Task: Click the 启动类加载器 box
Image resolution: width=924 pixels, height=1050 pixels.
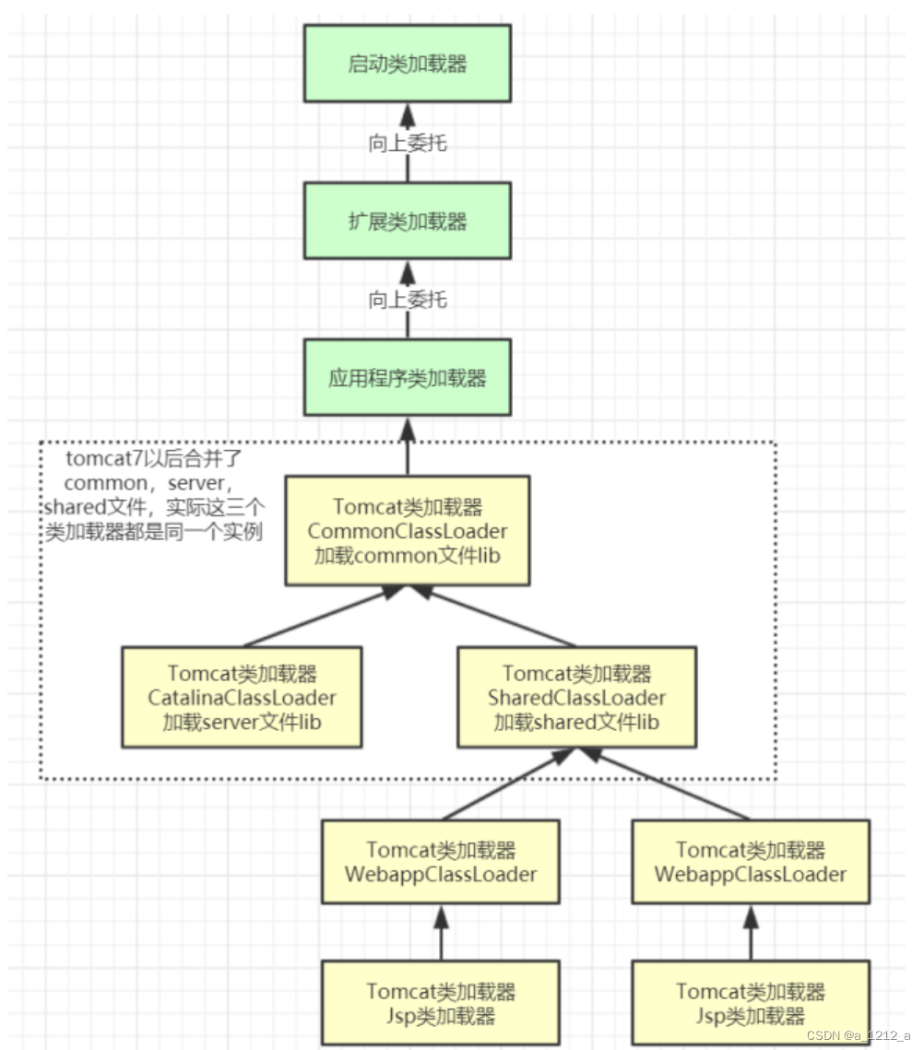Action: point(407,65)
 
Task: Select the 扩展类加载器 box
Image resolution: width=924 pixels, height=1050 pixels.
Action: point(407,220)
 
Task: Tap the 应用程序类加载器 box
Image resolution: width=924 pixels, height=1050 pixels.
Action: point(407,378)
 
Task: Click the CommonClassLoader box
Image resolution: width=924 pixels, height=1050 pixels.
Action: point(407,531)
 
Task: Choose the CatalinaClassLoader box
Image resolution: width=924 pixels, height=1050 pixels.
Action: point(242,698)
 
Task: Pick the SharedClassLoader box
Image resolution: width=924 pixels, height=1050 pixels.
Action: point(576,698)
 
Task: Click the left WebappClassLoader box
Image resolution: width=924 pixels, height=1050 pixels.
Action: point(441,861)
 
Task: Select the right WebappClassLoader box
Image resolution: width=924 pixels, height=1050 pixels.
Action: point(751,861)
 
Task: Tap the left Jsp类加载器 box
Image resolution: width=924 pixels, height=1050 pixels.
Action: point(441,1003)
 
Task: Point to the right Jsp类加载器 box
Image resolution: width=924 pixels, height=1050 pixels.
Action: point(751,1003)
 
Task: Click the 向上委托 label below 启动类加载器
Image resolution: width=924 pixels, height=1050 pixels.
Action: point(407,143)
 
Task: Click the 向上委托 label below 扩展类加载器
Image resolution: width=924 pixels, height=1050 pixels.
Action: point(407,300)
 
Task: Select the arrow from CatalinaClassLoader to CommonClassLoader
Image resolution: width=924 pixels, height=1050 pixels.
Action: point(318,617)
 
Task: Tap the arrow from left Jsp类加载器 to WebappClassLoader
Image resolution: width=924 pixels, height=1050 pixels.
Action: point(441,933)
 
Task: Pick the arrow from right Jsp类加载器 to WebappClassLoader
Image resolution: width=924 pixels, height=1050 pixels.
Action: point(751,933)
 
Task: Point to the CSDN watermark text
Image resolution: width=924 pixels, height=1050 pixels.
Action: point(858,1035)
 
